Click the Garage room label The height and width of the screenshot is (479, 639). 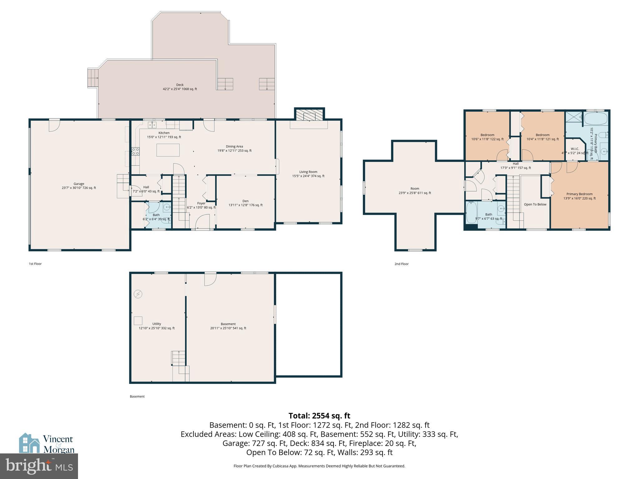(x=79, y=184)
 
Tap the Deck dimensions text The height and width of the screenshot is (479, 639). (x=180, y=89)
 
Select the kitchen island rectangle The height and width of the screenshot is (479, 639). (x=168, y=150)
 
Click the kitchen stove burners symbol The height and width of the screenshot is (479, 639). (x=136, y=152)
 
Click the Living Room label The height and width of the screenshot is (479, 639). (x=308, y=172)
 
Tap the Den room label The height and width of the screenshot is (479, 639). (x=246, y=201)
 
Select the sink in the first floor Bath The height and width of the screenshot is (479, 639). (x=167, y=206)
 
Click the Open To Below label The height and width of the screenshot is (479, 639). (x=535, y=205)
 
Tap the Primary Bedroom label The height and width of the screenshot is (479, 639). (x=579, y=194)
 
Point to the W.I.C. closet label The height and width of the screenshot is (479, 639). (x=575, y=149)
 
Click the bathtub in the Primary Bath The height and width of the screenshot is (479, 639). (x=596, y=119)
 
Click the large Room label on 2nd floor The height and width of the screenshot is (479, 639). (x=415, y=189)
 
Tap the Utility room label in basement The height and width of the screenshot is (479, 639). (x=157, y=324)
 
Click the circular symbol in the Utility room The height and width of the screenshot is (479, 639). (x=138, y=294)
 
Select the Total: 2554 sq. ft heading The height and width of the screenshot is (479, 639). (x=319, y=416)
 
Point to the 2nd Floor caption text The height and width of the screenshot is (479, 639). (x=401, y=264)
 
